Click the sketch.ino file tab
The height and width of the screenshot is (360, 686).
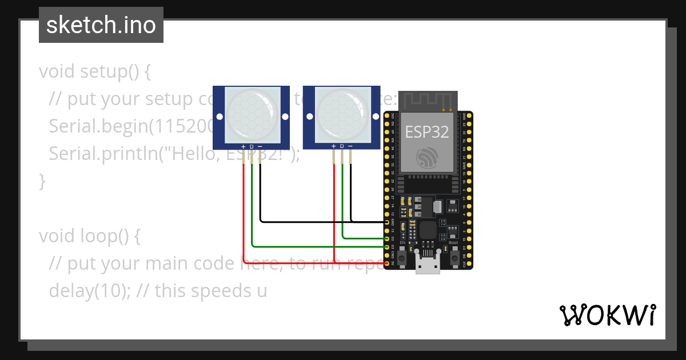tap(101, 25)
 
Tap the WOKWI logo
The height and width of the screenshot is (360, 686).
tap(607, 315)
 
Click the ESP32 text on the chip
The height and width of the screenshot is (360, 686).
tap(426, 132)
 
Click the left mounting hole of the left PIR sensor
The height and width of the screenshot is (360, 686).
tap(219, 117)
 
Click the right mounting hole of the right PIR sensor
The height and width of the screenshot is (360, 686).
tap(376, 117)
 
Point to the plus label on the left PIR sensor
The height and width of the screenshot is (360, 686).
tap(244, 147)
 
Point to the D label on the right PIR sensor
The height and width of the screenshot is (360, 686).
tap(342, 147)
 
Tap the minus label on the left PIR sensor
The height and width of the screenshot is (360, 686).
tap(260, 147)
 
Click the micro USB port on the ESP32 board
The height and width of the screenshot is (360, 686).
tap(428, 266)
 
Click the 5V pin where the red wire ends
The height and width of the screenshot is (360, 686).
tap(387, 263)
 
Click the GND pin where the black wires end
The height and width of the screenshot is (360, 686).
tap(387, 222)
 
